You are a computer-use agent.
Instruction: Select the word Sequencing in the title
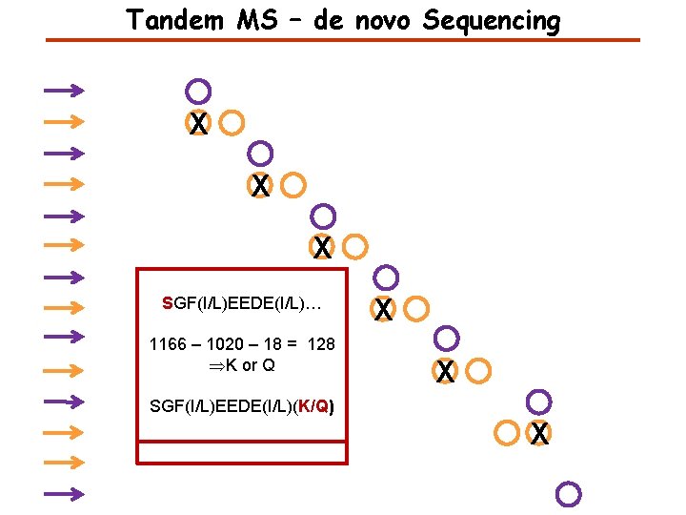(491, 20)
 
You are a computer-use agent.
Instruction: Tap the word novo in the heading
(385, 19)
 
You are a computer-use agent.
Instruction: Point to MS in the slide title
(252, 19)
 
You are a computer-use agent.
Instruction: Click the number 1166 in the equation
(169, 344)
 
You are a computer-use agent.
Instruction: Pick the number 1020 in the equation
(226, 344)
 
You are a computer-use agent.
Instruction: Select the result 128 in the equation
(320, 344)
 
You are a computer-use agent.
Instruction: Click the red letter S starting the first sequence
(168, 304)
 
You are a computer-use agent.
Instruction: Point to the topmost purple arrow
(64, 91)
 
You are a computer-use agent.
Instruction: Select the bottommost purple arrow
(64, 494)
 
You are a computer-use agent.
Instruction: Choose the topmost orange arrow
(64, 121)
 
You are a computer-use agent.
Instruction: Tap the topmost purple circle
(198, 92)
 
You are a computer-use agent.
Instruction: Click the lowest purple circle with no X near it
(568, 494)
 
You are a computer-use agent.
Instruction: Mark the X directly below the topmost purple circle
(198, 123)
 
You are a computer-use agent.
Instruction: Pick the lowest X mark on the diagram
(539, 434)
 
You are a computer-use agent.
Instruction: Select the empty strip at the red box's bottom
(243, 452)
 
